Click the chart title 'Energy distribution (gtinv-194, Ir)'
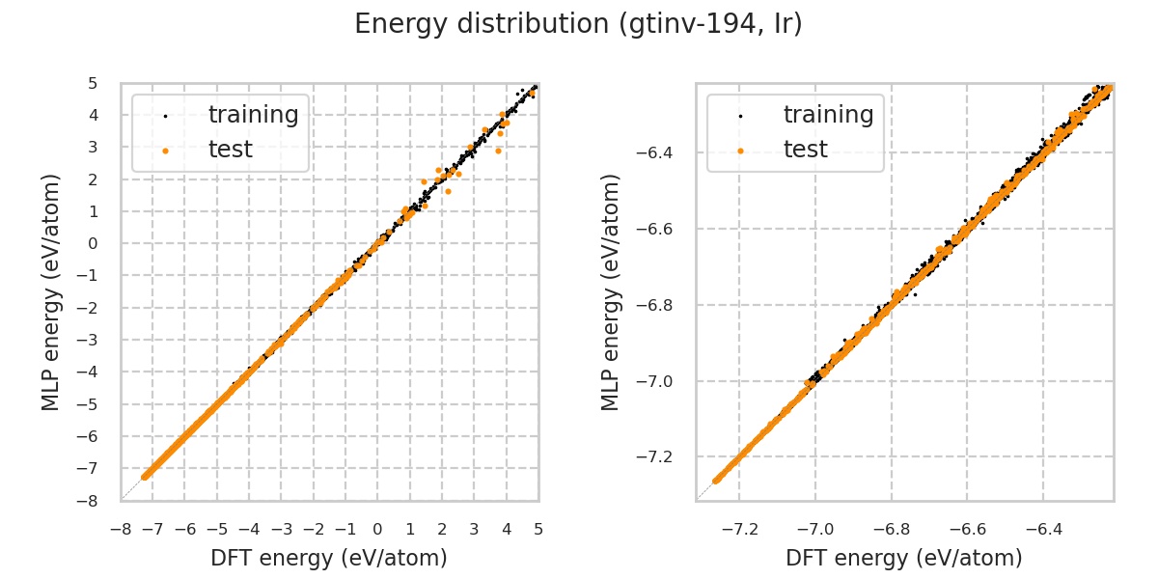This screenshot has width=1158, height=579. [x=578, y=24]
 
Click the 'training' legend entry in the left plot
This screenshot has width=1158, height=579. [x=253, y=115]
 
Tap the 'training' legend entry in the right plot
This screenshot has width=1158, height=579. [x=828, y=115]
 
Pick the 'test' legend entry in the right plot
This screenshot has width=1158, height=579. [x=805, y=150]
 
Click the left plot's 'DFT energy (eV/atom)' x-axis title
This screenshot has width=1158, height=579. [x=329, y=558]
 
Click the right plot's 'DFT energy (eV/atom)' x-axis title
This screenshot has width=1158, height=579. [x=904, y=558]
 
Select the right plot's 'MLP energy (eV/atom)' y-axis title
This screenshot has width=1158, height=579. [x=611, y=291]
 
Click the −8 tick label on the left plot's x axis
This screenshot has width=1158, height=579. [x=121, y=529]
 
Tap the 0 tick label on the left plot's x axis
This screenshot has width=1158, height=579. [x=377, y=529]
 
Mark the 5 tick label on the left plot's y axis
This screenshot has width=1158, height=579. [x=93, y=83]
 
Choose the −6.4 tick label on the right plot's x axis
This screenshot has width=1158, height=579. [x=1042, y=529]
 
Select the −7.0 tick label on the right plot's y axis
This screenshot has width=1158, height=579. [x=659, y=381]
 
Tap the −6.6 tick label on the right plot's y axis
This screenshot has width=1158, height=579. [x=659, y=229]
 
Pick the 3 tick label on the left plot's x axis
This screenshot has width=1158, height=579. [x=474, y=529]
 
